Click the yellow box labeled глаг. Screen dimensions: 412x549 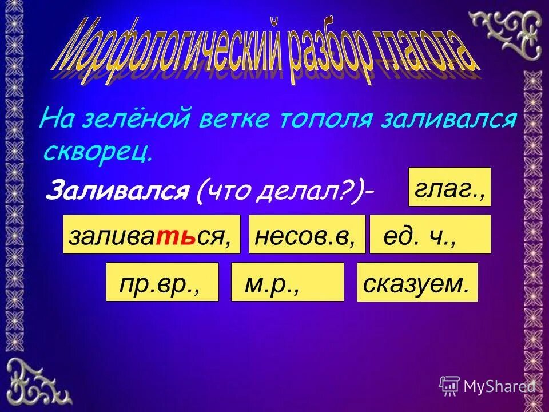point(449,187)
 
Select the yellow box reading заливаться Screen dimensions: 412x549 point(152,235)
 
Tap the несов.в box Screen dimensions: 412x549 point(307,235)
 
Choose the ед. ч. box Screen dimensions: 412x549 point(430,235)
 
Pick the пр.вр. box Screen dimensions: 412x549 point(162,282)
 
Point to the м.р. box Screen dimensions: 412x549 point(287,282)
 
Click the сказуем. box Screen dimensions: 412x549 point(417,282)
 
